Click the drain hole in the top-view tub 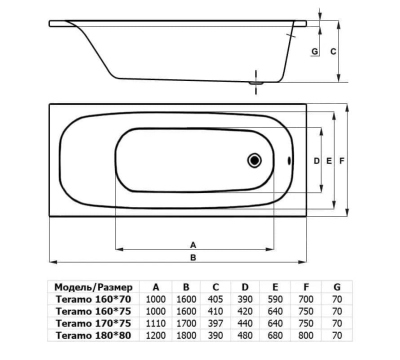click(254, 160)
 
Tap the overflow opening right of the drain click(289, 161)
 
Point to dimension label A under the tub click(193, 245)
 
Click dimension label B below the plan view click(193, 258)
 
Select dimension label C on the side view click(333, 52)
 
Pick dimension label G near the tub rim click(314, 52)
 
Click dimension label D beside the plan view click(317, 161)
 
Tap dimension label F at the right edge click(341, 161)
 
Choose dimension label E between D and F click(329, 161)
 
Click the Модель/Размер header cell click(93, 287)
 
